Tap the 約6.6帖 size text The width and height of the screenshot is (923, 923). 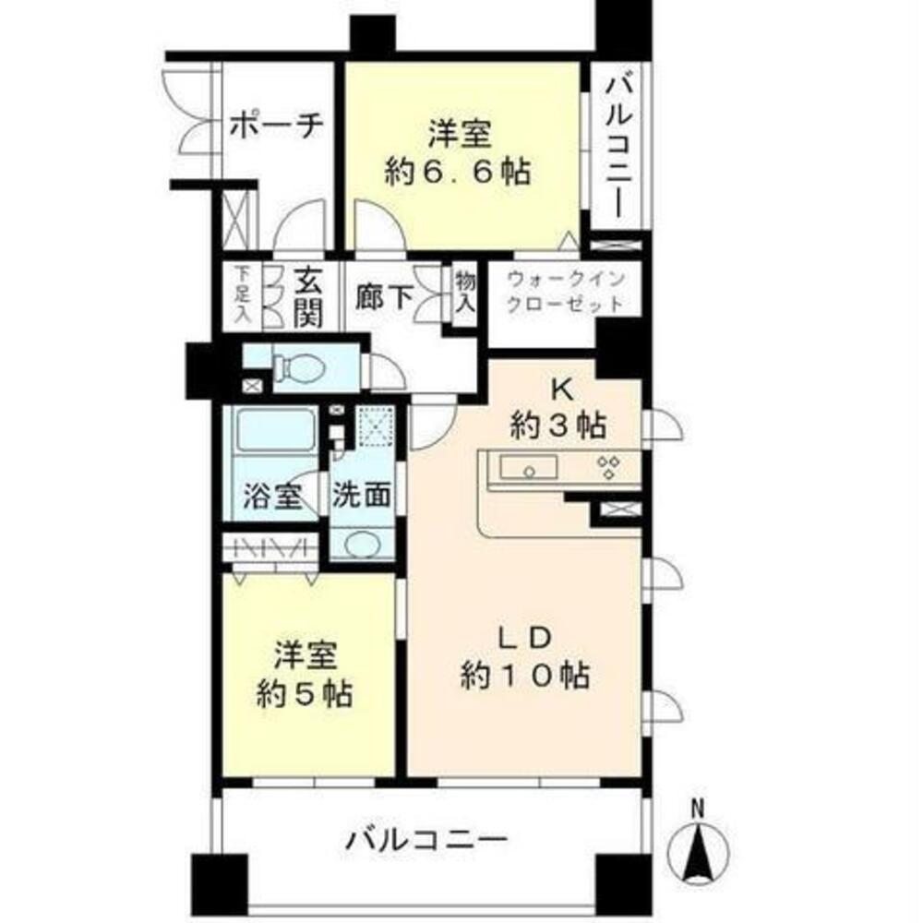(x=459, y=173)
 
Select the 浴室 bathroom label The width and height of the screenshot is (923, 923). (x=271, y=496)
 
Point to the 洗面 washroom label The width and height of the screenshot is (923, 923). (x=362, y=496)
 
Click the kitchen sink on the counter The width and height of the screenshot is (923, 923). (x=528, y=468)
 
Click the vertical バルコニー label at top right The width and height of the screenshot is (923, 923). (x=617, y=149)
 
